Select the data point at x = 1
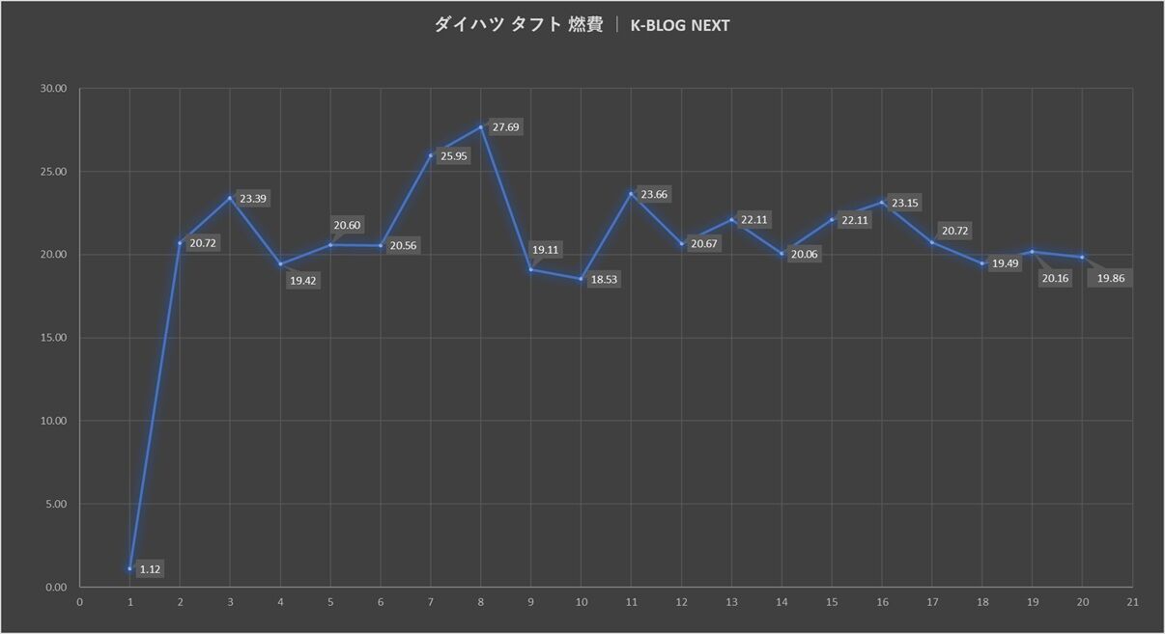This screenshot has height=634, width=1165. (x=129, y=568)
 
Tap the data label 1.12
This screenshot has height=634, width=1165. (x=150, y=569)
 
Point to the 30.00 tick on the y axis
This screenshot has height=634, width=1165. (x=53, y=89)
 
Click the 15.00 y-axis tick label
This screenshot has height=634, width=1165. (x=53, y=338)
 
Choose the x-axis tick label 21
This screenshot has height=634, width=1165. (x=1132, y=602)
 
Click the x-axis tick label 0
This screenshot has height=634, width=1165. (x=79, y=602)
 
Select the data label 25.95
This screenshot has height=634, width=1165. (x=453, y=156)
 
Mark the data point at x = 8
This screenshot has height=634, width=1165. (x=481, y=126)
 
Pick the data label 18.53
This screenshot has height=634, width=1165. (x=604, y=279)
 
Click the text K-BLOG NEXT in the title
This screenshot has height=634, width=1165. (x=679, y=26)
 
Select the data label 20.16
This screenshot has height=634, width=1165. (x=1055, y=279)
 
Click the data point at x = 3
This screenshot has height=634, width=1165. (x=230, y=198)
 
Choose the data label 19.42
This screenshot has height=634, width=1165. (x=304, y=281)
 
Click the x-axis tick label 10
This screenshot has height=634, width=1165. (x=581, y=602)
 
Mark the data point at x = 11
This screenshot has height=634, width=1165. (x=631, y=194)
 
